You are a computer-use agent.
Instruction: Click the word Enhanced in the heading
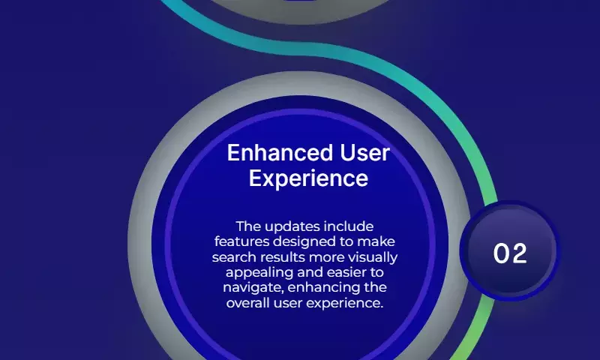pos(280,153)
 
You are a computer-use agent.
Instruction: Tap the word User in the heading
pos(364,153)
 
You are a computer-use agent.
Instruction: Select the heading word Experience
pos(308,178)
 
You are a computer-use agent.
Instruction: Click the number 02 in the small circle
pos(510,253)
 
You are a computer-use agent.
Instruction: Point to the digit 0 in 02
pos(501,253)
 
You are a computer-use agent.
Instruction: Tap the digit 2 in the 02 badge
pos(519,253)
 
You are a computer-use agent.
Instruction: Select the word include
pos(348,226)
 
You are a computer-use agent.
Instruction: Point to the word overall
pos(248,303)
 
